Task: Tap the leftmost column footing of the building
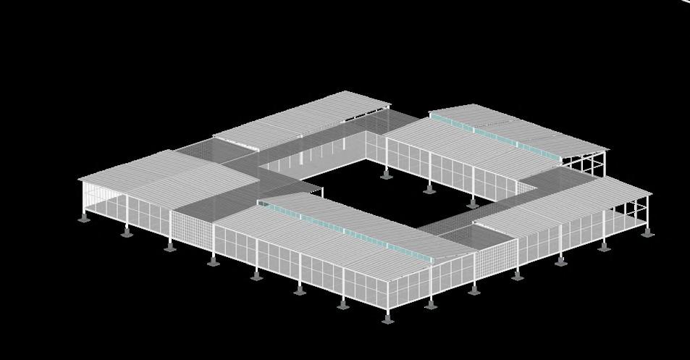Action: coord(85,217)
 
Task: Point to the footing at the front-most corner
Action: coord(387,318)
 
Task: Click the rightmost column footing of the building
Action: coord(647,233)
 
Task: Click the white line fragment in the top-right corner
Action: coord(684,2)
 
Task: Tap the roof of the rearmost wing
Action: coord(304,120)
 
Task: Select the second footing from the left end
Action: coord(127,233)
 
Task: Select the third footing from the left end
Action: coord(169,247)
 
